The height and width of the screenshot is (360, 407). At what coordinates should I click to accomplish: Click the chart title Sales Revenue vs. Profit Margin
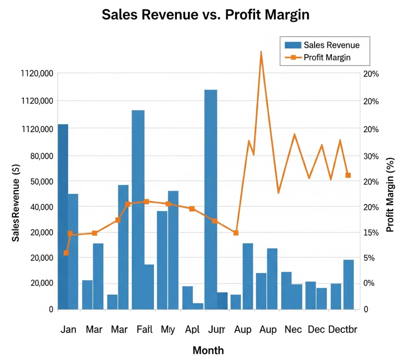pos(205,14)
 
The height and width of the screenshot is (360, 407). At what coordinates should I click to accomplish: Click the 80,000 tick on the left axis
pos(41,156)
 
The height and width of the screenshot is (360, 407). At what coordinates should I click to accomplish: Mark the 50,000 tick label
pos(41,181)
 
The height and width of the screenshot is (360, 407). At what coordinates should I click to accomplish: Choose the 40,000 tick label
pos(41,207)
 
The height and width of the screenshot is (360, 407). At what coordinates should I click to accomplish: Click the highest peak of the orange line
pos(261,52)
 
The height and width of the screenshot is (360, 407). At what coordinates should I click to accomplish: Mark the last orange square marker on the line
pos(348,175)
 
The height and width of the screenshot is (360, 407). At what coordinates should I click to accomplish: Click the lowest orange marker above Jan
pos(66,253)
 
